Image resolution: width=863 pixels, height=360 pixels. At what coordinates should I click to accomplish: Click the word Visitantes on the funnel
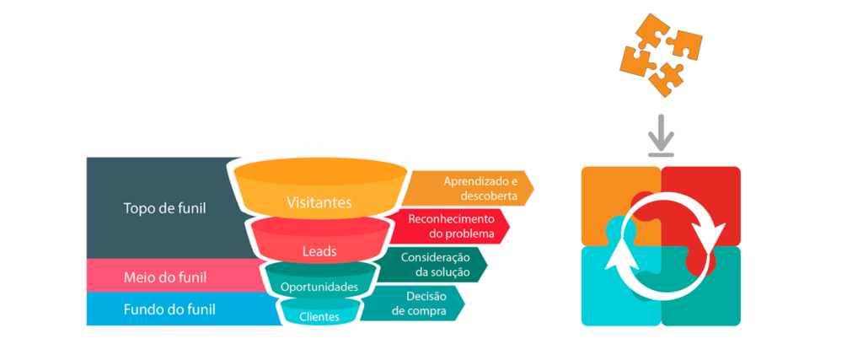(x=319, y=202)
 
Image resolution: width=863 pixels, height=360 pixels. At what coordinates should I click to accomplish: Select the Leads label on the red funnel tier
(x=319, y=251)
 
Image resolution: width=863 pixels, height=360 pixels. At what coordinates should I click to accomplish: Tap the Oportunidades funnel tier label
(x=319, y=287)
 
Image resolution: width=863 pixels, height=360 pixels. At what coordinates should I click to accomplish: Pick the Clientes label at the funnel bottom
(x=319, y=317)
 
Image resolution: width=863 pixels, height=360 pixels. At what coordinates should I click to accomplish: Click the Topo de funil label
(x=164, y=207)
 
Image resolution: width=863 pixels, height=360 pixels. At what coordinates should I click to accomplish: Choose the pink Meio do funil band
(x=165, y=277)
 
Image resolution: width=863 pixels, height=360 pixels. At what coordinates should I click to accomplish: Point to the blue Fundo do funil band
(x=169, y=309)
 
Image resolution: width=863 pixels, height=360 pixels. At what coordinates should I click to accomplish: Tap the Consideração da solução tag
(x=434, y=264)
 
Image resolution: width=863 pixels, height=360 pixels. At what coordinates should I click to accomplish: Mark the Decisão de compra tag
(x=421, y=304)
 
